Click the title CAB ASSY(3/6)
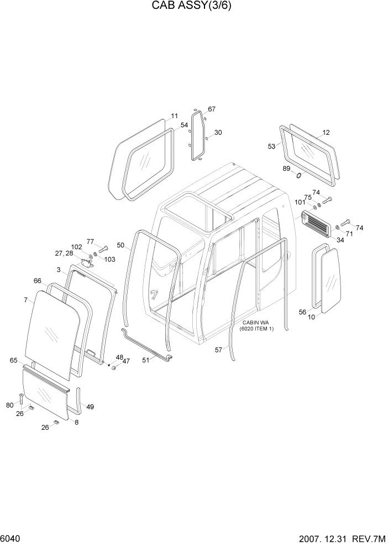click(x=194, y=8)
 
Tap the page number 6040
click(x=11, y=538)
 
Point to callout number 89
click(x=286, y=168)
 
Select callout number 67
click(x=212, y=109)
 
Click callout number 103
click(x=109, y=259)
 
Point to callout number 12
click(x=326, y=133)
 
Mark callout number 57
click(x=218, y=349)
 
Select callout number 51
click(x=146, y=360)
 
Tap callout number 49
click(x=90, y=407)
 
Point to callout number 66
click(x=37, y=281)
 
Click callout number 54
click(x=184, y=126)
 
